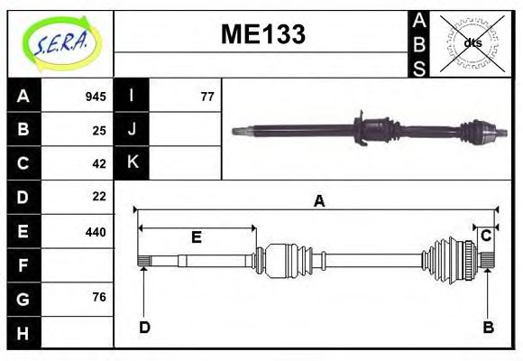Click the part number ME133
click(x=262, y=34)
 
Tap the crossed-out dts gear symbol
click(x=472, y=42)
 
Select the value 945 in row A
click(x=96, y=97)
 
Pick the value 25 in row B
click(x=99, y=130)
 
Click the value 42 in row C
click(x=99, y=163)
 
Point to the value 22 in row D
click(x=99, y=197)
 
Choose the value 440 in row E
click(x=96, y=231)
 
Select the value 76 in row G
click(x=99, y=298)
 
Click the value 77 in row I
click(x=206, y=97)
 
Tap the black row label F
click(x=23, y=265)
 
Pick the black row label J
click(x=132, y=130)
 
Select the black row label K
click(x=132, y=163)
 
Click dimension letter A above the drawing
click(x=318, y=202)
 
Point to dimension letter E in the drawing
click(x=196, y=237)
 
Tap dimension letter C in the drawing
click(x=485, y=236)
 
